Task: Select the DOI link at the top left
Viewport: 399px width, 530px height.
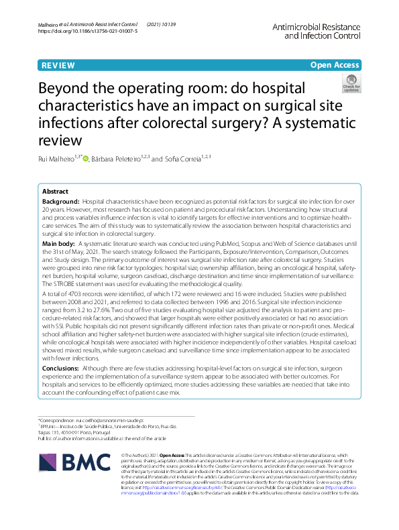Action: tap(87, 31)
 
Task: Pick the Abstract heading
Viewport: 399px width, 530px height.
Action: tap(55, 191)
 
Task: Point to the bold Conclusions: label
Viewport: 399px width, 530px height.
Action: tap(62, 368)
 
